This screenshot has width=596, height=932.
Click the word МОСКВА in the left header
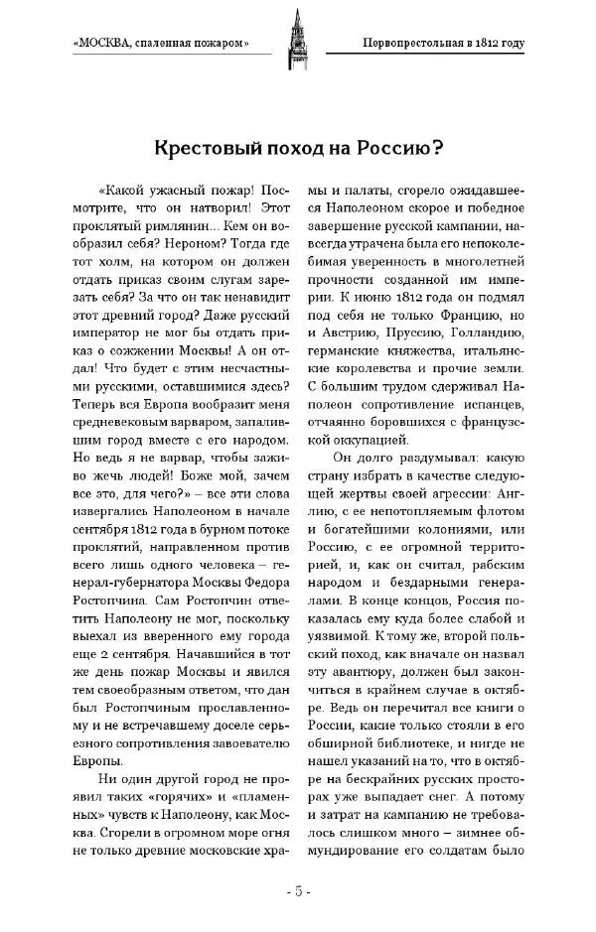(106, 43)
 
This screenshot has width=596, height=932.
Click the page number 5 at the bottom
(297, 890)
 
